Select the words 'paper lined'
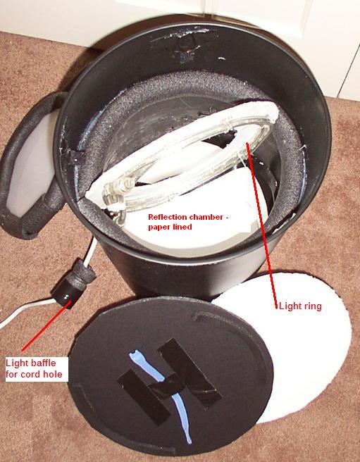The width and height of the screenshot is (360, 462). point(170,227)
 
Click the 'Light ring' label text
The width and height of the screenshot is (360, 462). point(300,306)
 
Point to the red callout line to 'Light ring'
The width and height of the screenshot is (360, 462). point(262,225)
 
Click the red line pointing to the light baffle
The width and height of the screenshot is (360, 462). point(46,326)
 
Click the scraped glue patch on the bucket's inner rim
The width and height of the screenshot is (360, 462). point(189,44)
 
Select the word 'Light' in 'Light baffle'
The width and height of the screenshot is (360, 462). point(16,363)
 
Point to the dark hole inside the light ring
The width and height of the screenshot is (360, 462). point(221,141)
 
